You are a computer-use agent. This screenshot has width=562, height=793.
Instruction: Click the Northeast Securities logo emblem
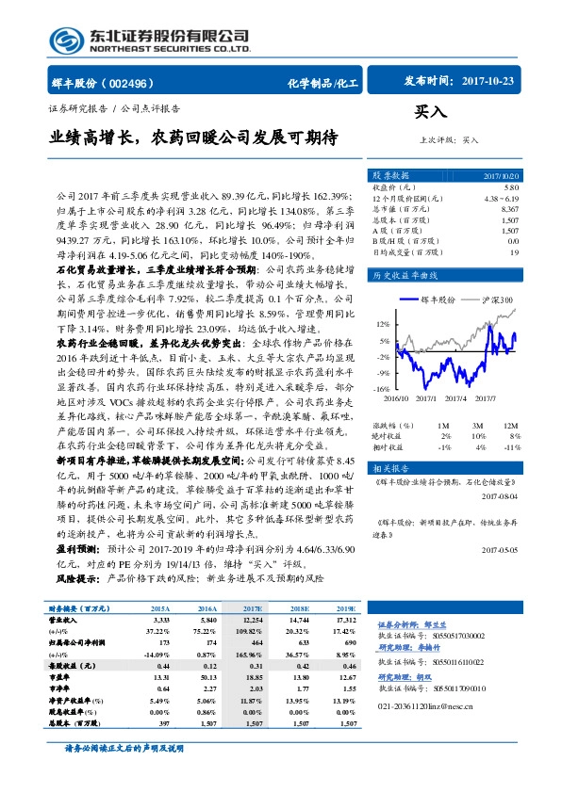66,40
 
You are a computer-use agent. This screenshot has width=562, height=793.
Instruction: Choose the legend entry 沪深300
495,299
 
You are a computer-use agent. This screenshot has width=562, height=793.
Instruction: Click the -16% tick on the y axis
382,388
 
